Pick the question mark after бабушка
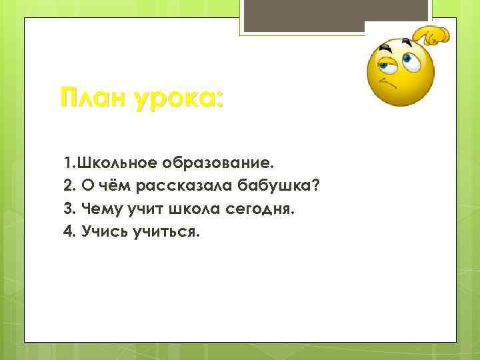[x=315, y=186]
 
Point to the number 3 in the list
[x=68, y=210]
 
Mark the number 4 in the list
[x=68, y=233]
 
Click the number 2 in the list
[x=68, y=187]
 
